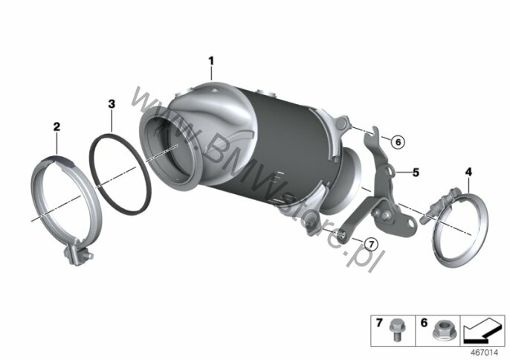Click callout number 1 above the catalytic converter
(211, 61)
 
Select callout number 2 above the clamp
(57, 126)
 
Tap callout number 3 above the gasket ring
(112, 104)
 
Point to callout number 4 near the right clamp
(468, 172)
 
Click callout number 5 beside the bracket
(416, 172)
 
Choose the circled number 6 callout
(398, 142)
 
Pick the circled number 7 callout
(371, 244)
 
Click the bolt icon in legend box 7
(396, 330)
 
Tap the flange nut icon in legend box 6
(442, 330)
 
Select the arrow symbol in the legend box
(482, 330)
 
